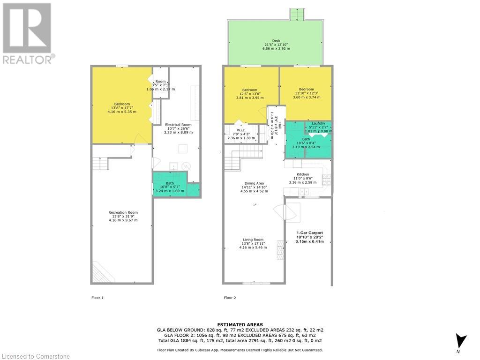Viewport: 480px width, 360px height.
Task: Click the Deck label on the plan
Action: point(276,41)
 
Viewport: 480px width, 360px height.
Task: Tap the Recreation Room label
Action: point(123,212)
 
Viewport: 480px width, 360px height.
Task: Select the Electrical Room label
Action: point(178,125)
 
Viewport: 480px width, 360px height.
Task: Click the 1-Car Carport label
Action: point(309,233)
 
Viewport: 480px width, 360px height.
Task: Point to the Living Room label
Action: point(253,240)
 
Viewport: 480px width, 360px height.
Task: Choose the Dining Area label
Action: point(254,183)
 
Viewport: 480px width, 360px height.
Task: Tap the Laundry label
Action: point(318,123)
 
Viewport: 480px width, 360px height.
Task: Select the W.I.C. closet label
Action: point(241,130)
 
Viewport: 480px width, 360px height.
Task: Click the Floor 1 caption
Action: point(97,298)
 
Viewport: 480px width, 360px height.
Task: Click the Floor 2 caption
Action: point(230,298)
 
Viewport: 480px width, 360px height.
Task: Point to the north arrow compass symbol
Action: point(462,341)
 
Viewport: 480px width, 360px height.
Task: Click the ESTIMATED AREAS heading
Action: point(240,324)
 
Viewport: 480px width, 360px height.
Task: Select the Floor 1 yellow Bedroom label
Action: point(122,104)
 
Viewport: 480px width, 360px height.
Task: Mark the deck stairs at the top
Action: point(296,15)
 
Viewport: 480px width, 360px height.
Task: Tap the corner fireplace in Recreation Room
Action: point(99,272)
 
